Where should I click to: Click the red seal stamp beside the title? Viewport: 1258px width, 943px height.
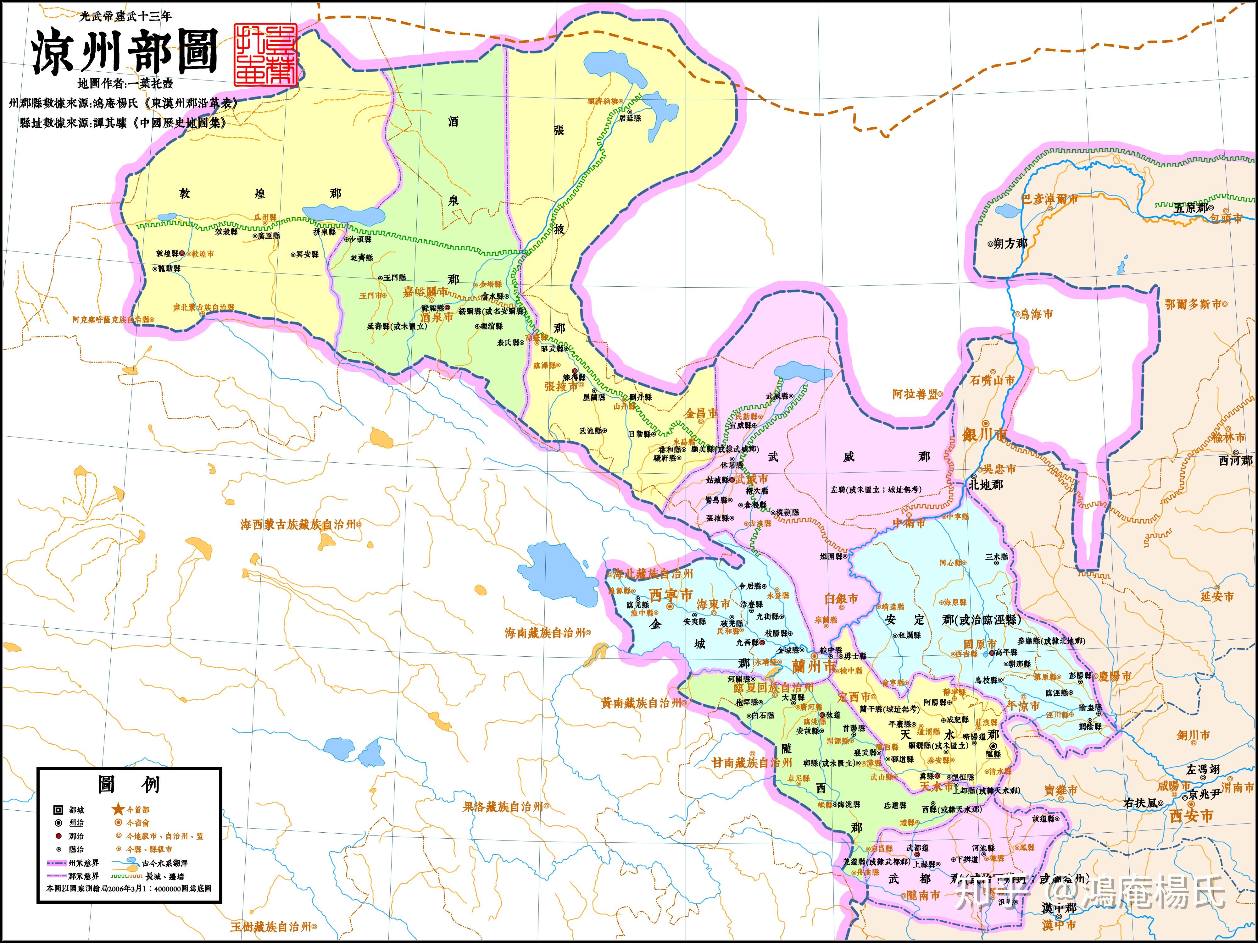(265, 55)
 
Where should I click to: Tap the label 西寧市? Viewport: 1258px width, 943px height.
(671, 595)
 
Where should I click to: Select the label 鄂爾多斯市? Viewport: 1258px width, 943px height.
(1193, 304)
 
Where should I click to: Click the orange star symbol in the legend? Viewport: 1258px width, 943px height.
(118, 809)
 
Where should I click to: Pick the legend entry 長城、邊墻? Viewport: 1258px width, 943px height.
(164, 876)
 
